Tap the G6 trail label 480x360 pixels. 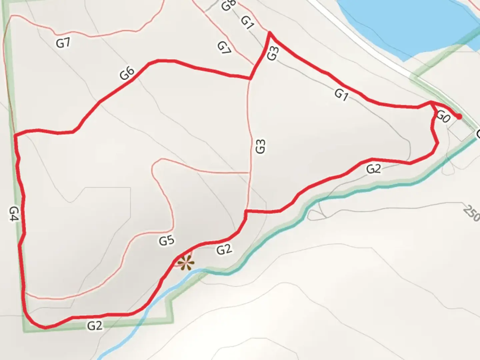click(127, 73)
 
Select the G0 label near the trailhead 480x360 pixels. click(443, 117)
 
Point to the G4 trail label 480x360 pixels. click(14, 214)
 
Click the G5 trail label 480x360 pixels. click(166, 240)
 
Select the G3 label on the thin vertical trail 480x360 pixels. click(260, 146)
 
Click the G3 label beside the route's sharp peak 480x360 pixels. click(272, 53)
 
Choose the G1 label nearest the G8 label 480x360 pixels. click(247, 23)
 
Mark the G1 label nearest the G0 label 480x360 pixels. click(341, 94)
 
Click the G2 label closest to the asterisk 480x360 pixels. click(224, 249)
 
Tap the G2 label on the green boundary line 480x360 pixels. click(95, 325)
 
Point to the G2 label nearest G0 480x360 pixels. click(373, 169)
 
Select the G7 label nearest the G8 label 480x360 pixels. click(224, 48)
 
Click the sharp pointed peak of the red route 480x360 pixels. click(269, 33)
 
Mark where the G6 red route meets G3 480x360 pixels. click(250, 79)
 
